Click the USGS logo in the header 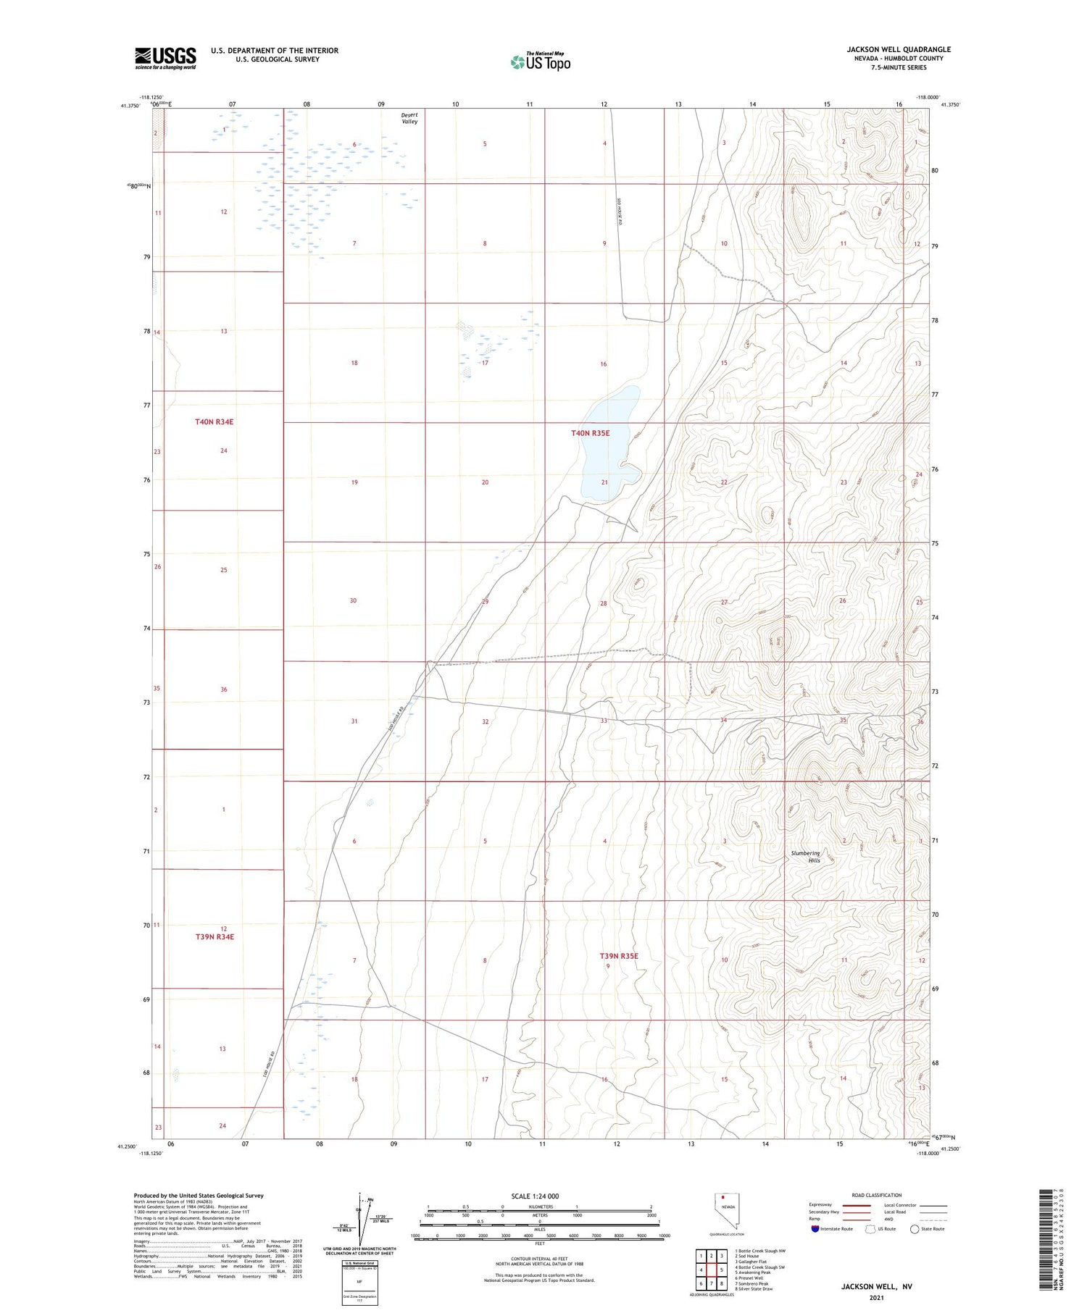click(x=165, y=58)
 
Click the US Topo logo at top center click(x=540, y=62)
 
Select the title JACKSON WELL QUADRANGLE click(x=899, y=49)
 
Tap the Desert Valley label click(x=410, y=118)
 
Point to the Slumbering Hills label click(x=806, y=857)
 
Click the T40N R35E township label click(x=591, y=433)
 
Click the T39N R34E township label click(x=215, y=936)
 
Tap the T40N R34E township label click(x=215, y=421)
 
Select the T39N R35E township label click(x=619, y=956)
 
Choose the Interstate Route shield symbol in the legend click(x=815, y=1229)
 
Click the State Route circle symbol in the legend click(x=915, y=1229)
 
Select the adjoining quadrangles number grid click(x=711, y=1270)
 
